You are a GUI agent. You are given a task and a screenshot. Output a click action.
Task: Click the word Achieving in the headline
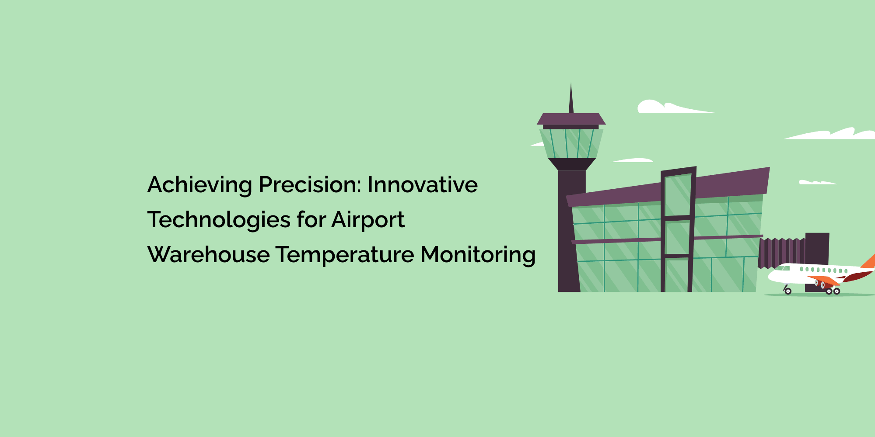199,185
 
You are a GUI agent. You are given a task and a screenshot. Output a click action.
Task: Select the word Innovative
422,185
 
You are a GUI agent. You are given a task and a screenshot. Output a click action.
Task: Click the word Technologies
219,220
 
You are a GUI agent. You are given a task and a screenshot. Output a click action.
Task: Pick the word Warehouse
208,255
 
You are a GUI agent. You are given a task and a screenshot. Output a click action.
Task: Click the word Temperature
345,255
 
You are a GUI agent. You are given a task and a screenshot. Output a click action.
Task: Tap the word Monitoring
478,255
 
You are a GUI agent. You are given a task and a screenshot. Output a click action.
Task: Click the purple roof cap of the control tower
571,119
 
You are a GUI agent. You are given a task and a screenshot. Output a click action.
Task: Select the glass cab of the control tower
571,143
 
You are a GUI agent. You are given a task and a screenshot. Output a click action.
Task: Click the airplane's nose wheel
788,291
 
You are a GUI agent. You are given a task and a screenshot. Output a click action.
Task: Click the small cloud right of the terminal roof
816,182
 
